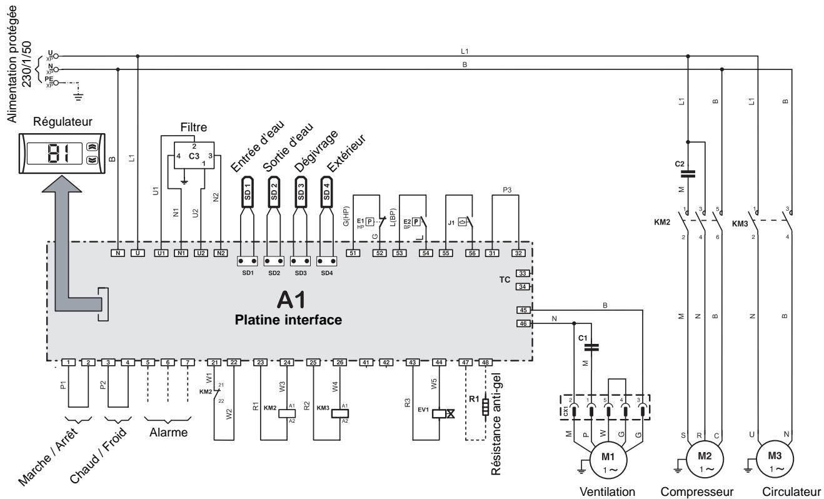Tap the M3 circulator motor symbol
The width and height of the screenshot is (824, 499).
774,460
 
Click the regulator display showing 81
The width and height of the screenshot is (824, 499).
56,151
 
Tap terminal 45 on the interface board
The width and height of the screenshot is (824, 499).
523,310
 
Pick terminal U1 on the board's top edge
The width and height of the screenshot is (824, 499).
161,253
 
